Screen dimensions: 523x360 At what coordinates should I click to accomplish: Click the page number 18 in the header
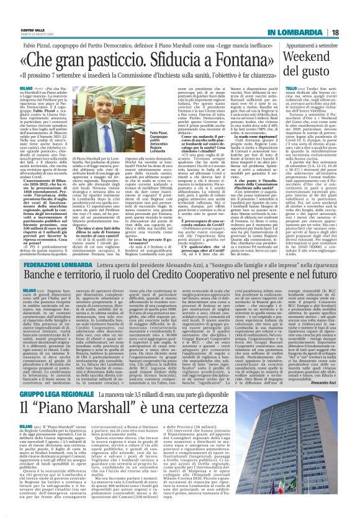coord(351,14)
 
